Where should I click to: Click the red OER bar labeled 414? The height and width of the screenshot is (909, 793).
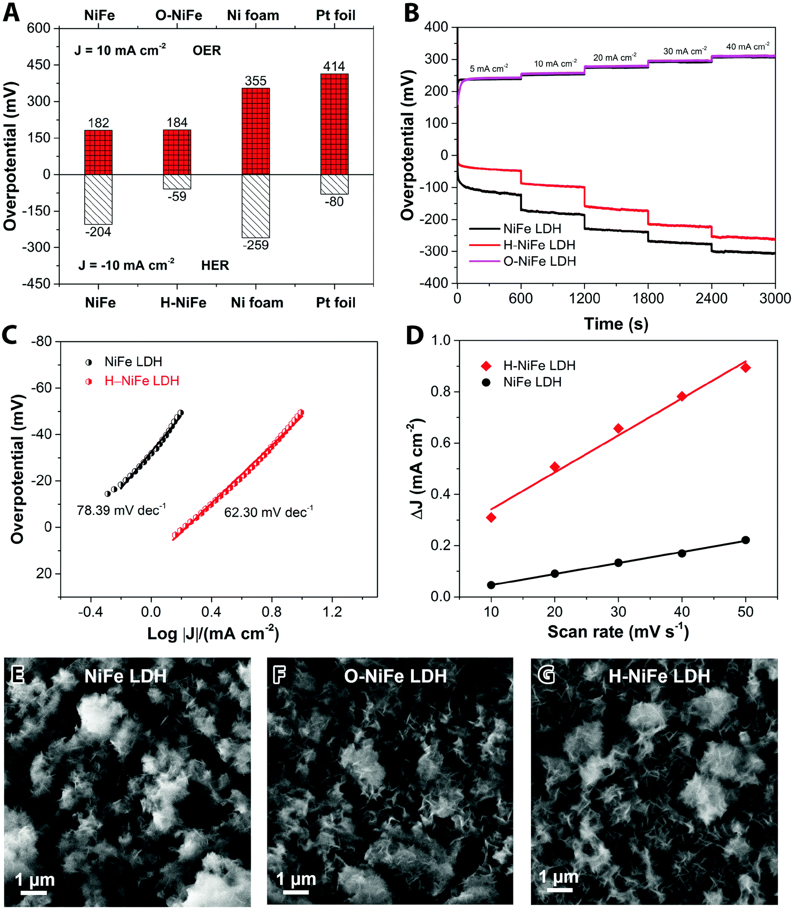(x=334, y=124)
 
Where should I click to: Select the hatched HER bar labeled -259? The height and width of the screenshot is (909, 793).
(x=256, y=206)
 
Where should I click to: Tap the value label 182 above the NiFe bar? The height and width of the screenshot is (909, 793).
(x=98, y=123)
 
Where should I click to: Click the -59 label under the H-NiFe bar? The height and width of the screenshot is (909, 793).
(x=177, y=196)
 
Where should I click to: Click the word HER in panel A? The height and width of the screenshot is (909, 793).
(x=215, y=265)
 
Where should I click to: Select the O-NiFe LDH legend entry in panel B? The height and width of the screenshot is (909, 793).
(x=539, y=261)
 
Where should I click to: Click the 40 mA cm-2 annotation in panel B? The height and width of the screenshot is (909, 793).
(x=747, y=47)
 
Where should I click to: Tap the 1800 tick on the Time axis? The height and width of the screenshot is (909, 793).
(x=648, y=298)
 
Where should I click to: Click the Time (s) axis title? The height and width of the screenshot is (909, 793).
(x=616, y=324)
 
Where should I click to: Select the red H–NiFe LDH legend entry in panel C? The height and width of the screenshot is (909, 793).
(x=141, y=381)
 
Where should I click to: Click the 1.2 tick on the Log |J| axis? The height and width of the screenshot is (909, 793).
(x=332, y=612)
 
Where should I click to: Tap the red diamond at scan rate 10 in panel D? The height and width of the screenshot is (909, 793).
(x=491, y=518)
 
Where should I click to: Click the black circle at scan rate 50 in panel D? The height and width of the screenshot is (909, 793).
(x=745, y=540)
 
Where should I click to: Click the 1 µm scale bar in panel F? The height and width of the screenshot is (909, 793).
(x=296, y=892)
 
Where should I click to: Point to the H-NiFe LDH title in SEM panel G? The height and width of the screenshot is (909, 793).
(x=659, y=676)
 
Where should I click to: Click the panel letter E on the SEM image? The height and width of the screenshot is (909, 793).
(x=18, y=675)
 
